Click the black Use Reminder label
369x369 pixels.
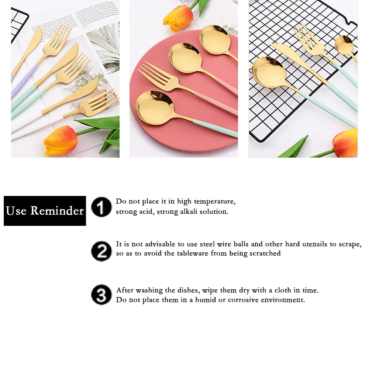point(45,211)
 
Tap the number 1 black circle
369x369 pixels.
point(101,207)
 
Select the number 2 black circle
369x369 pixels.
point(101,251)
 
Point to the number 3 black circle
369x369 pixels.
point(101,294)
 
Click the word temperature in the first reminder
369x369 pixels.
point(214,202)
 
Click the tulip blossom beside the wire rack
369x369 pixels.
point(345,143)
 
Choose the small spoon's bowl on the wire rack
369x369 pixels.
point(344,45)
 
